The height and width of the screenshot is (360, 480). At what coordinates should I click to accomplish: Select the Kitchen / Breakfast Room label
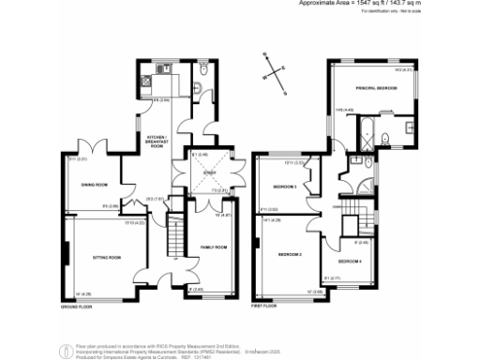156,142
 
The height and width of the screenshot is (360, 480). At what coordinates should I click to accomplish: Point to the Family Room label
214,247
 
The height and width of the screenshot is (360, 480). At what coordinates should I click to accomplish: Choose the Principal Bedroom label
376,87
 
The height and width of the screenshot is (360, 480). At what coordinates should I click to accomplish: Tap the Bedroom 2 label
288,254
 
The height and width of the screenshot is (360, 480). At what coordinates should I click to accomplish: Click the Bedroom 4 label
350,260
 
